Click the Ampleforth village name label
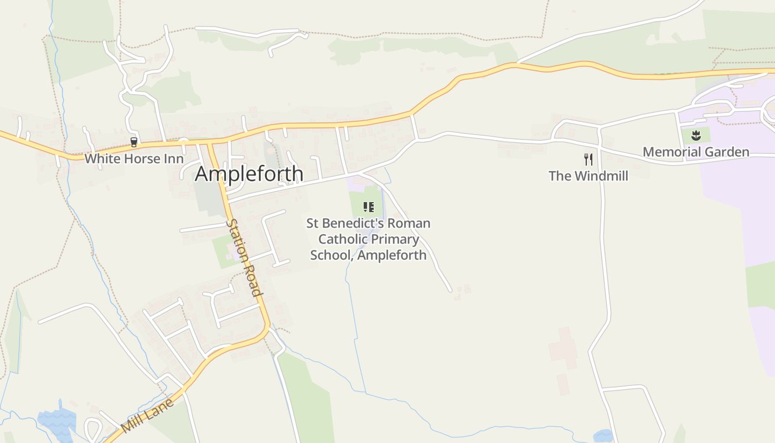pos(249,174)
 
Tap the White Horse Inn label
pos(134,159)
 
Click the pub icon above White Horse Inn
pos(133,142)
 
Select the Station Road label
pos(244,257)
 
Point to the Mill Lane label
pos(147,415)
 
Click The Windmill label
pos(588,176)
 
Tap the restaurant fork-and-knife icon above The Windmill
pos(588,159)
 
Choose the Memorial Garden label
pos(696,152)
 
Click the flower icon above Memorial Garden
pos(696,135)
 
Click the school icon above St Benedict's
pos(368,207)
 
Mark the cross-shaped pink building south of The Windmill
pos(563,348)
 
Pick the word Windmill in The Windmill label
pos(600,176)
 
